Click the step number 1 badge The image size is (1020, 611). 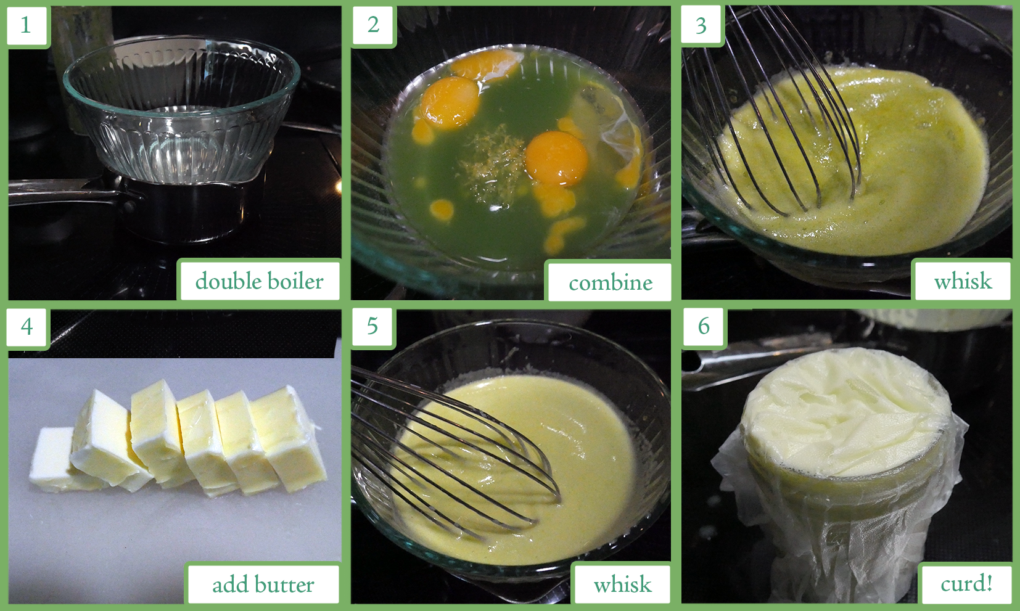[27, 25]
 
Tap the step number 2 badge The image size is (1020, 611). [373, 25]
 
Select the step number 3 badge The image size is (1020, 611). [701, 25]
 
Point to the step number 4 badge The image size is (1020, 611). [27, 327]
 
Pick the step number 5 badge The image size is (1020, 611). [372, 326]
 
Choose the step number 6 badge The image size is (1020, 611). [704, 326]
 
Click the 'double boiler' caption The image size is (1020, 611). [260, 281]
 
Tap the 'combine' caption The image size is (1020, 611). [610, 282]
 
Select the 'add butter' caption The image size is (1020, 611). [263, 584]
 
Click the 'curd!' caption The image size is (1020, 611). [966, 584]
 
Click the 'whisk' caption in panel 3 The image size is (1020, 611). [963, 281]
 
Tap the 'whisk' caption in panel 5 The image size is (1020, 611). [622, 584]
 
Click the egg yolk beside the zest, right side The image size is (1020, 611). [556, 158]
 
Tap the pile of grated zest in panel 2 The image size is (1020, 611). [491, 166]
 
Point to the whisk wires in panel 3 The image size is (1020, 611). [774, 114]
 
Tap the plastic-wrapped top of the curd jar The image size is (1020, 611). [846, 410]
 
